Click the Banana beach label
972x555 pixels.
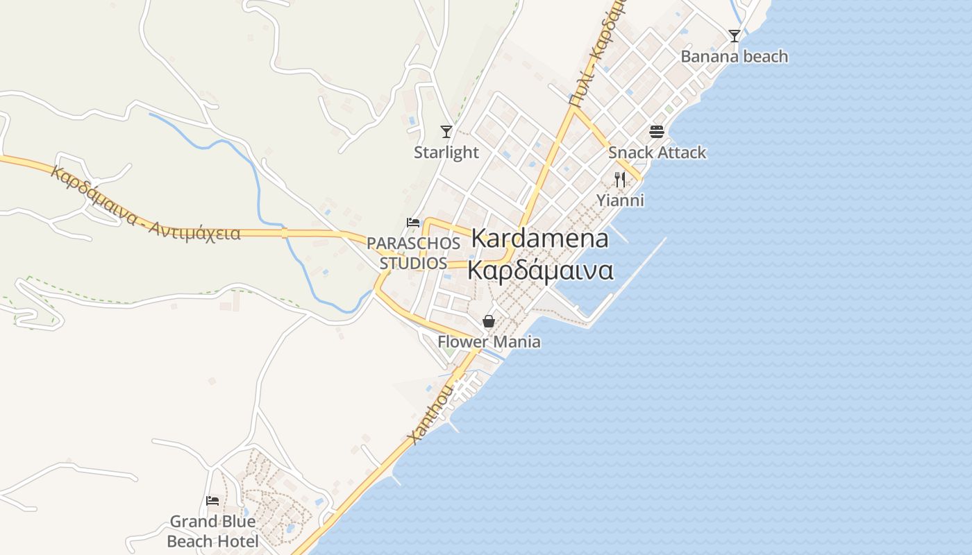click(x=734, y=56)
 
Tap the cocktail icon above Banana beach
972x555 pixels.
click(x=734, y=35)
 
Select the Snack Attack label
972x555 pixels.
click(x=657, y=153)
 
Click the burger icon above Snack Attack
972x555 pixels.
click(x=657, y=131)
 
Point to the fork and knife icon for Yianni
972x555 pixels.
click(x=620, y=180)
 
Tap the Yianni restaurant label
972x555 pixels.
click(x=621, y=200)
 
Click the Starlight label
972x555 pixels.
click(x=446, y=153)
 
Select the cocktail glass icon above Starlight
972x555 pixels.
click(x=446, y=131)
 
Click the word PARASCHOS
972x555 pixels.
click(x=413, y=244)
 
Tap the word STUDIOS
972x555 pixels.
click(x=413, y=264)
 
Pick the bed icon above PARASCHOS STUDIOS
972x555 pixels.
click(x=413, y=223)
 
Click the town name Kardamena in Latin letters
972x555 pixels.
click(x=539, y=239)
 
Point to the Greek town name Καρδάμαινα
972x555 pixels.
click(x=539, y=271)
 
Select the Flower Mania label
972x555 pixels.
click(x=489, y=342)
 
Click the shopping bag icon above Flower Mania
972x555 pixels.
click(x=489, y=321)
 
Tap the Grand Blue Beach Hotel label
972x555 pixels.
click(x=212, y=531)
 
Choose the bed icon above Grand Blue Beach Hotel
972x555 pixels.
click(x=212, y=500)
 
